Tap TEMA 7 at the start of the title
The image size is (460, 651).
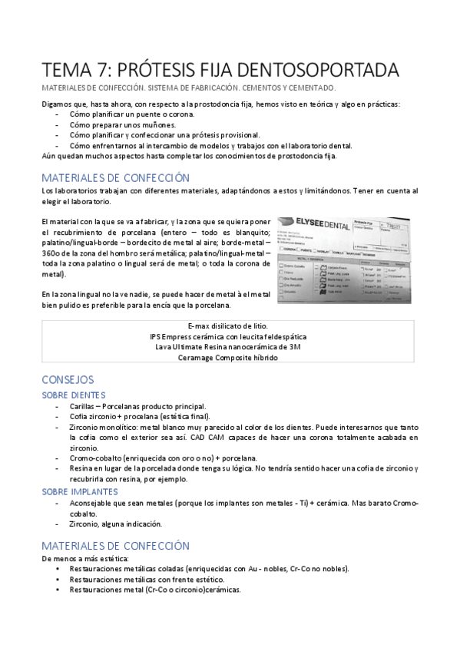click(71, 69)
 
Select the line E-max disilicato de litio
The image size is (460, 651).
click(230, 325)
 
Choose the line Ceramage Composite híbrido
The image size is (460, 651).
click(230, 358)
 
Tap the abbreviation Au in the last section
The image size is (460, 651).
click(254, 569)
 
